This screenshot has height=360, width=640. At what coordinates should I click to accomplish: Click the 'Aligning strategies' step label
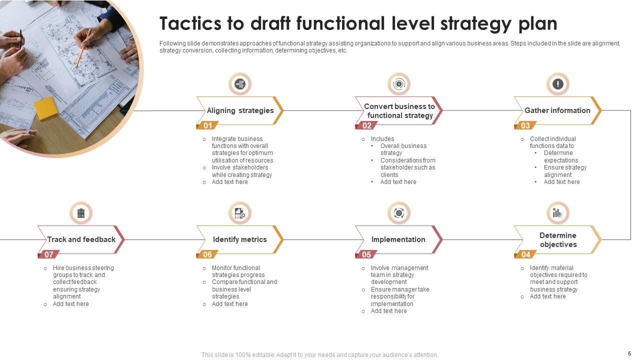240,110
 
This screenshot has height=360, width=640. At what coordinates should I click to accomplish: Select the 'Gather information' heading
557,110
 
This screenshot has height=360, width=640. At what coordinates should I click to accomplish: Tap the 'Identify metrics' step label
239,239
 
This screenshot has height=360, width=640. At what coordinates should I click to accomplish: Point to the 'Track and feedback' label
81,239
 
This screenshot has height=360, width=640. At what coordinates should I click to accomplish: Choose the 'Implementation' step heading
398,239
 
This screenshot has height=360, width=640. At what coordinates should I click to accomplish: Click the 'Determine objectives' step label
557,240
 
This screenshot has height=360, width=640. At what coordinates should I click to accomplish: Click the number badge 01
207,126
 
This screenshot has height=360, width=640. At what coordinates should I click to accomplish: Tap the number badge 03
525,126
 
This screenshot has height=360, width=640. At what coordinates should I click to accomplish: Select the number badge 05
366,255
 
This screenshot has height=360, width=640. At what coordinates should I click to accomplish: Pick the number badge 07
49,255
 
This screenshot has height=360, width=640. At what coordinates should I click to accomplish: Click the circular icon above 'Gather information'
557,84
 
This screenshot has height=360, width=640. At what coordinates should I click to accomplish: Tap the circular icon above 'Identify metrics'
239,213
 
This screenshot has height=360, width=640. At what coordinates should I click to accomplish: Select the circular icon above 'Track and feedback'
81,213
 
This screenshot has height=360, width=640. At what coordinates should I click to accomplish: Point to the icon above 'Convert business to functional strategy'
398,84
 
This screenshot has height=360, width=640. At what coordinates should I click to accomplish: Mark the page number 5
629,353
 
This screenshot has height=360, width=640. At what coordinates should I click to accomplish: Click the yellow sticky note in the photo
46,107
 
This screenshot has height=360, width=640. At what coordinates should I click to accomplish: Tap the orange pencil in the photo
83,48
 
